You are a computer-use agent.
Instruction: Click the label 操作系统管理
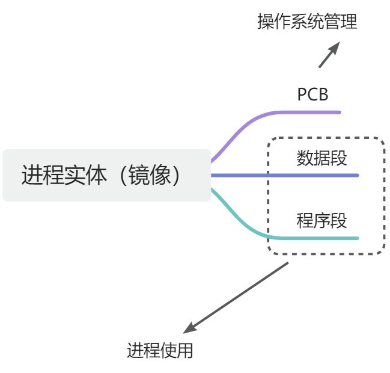pos(307,23)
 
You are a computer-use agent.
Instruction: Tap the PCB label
pos(312,94)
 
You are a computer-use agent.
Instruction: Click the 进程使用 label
pos(160,350)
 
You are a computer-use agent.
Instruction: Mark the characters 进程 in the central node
pos(43,175)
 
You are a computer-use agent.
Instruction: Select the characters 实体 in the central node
pos(85,175)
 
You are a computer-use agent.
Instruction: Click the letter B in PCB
pos(323,94)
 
